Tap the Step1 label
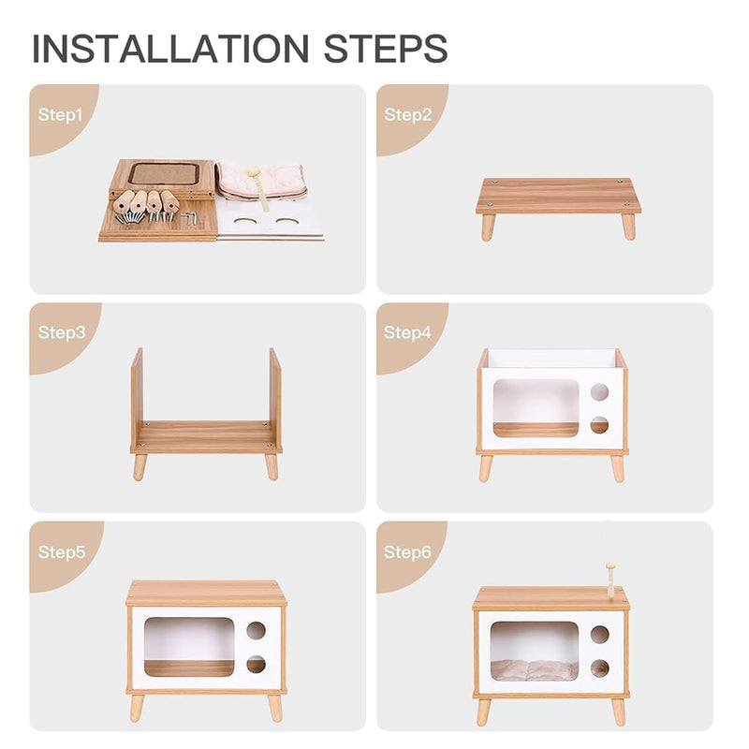61,115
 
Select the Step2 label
408,115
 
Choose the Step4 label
408,332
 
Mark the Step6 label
408,551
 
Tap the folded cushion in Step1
262,181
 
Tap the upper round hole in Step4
599,391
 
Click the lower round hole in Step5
255,664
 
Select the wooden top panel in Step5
205,594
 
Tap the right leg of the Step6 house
618,712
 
